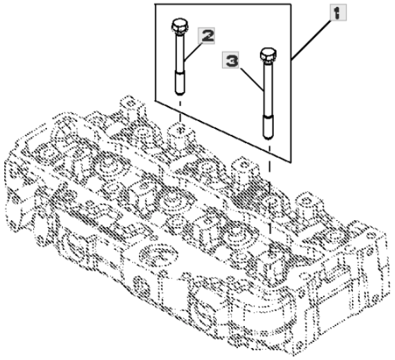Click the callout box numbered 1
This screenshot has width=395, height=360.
[338, 12]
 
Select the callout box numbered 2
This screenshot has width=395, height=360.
[207, 36]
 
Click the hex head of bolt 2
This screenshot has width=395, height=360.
[180, 26]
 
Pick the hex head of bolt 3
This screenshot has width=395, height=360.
[268, 55]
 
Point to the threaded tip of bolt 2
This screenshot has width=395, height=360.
[180, 83]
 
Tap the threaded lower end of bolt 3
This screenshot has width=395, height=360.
[268, 127]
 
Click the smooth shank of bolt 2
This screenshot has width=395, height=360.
[180, 53]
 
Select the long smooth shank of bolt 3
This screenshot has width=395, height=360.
[268, 89]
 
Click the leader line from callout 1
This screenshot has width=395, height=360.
[311, 40]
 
